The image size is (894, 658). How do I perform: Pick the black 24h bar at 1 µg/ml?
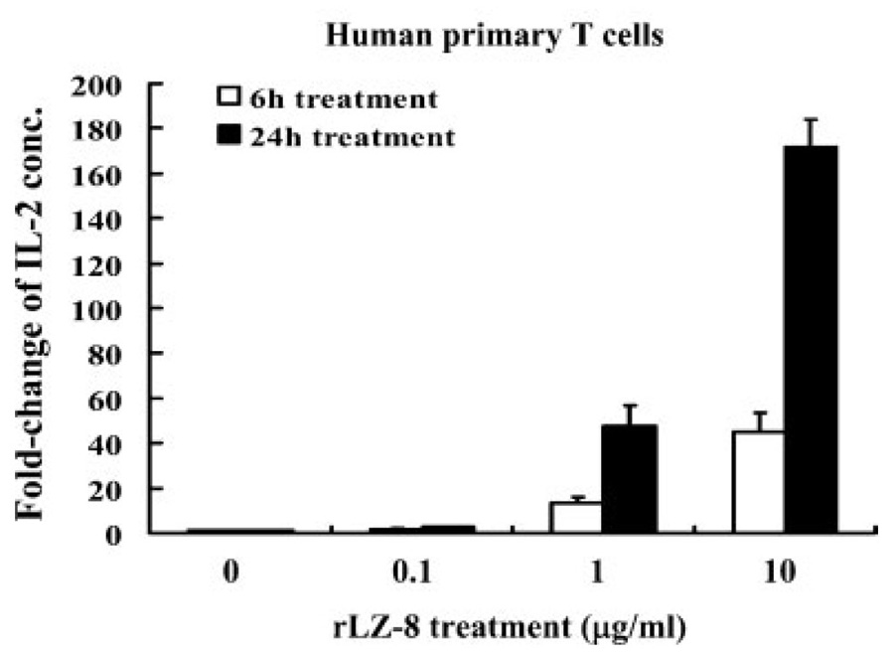630,479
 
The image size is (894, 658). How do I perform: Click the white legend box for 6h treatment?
227,97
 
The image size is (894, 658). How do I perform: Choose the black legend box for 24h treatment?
227,135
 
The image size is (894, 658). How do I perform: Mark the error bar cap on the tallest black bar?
811,119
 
